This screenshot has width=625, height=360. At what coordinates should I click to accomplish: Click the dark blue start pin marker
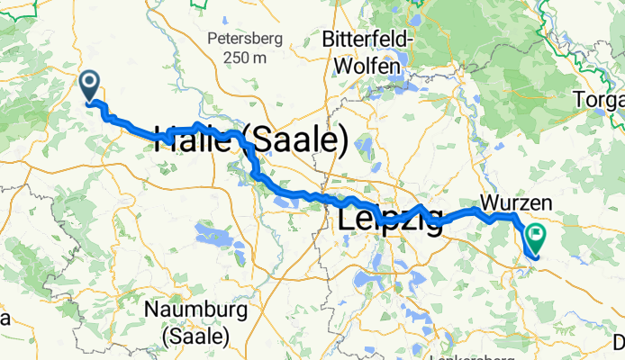(90, 85)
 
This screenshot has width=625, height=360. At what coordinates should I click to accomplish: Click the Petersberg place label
(245, 39)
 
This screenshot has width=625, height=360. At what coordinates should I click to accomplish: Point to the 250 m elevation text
(245, 58)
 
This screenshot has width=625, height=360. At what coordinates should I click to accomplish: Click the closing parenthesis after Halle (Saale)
(343, 141)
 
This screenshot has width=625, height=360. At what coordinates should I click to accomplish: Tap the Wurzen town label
(510, 200)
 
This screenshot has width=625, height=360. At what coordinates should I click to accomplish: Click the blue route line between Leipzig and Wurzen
(464, 212)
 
